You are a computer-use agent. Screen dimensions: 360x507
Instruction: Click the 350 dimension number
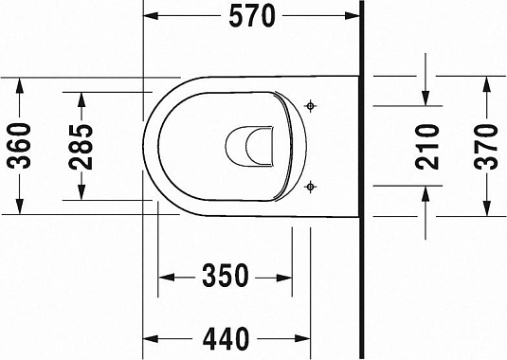[225, 277]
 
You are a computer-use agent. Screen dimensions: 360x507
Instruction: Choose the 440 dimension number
[225, 337]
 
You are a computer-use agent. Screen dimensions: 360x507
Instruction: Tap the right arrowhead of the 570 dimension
[354, 15]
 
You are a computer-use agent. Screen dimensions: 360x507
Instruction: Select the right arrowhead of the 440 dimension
[305, 337]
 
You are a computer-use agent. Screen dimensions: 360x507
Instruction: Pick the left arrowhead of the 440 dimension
[150, 337]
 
